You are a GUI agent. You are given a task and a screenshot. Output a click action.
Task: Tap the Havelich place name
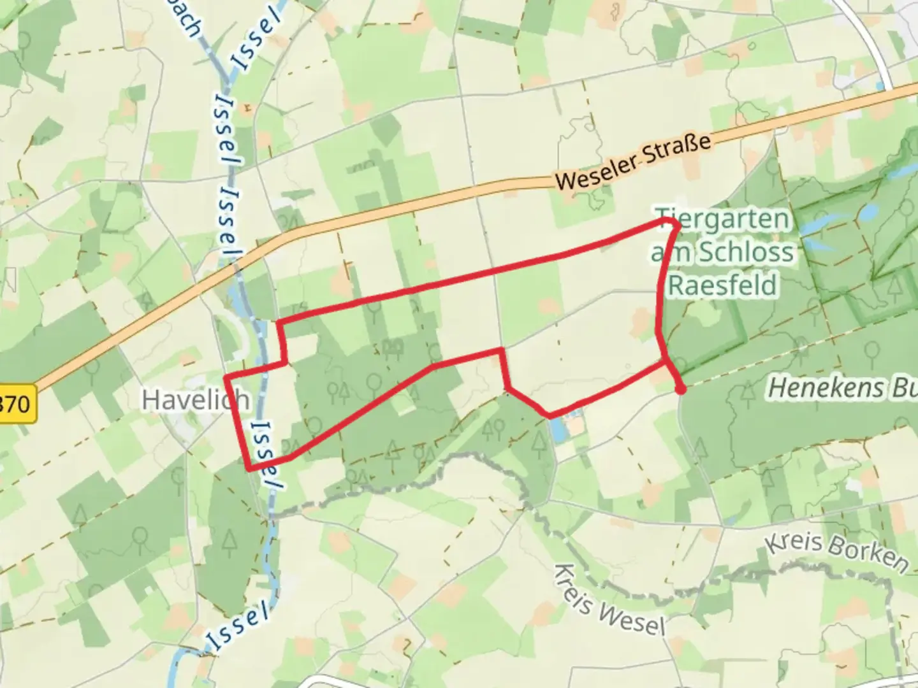[x=195, y=400]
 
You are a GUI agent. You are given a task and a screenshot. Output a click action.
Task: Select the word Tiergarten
[x=723, y=219]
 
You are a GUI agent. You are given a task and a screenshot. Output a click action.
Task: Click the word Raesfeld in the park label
[x=723, y=284]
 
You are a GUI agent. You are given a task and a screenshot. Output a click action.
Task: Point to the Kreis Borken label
[x=836, y=552]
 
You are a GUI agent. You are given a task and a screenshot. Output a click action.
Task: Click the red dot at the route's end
[x=681, y=390]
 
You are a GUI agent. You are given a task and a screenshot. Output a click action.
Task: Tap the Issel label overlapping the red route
[x=266, y=454]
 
